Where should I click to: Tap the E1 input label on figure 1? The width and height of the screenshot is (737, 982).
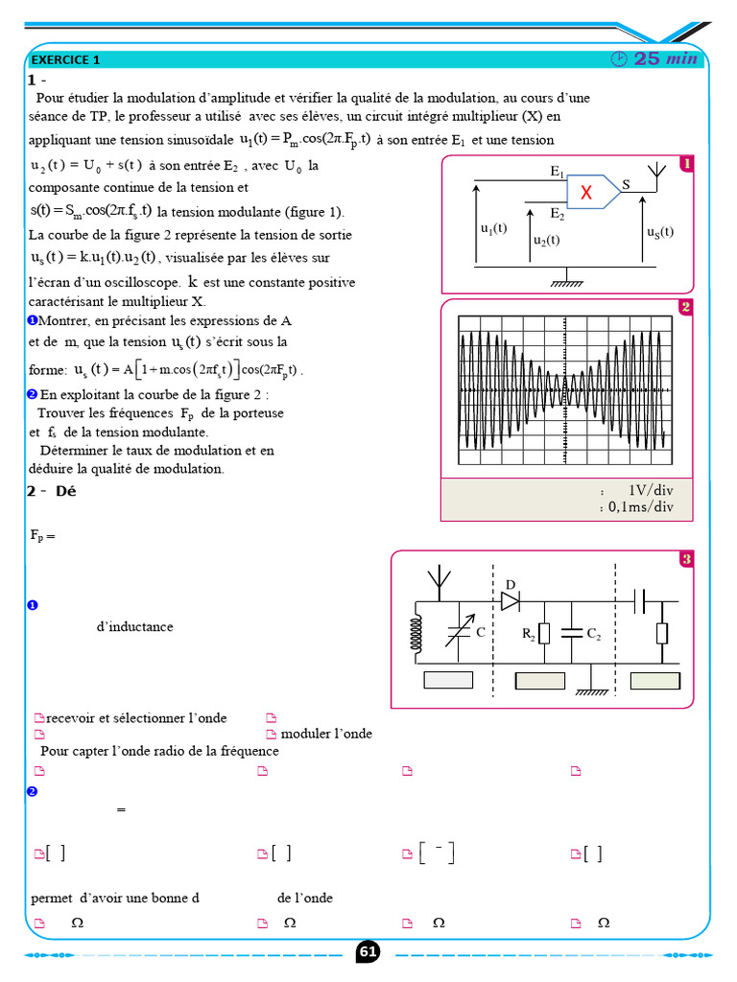click(x=557, y=172)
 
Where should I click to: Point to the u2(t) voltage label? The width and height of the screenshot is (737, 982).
click(x=546, y=241)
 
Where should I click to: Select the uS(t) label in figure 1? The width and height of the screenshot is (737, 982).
click(x=659, y=232)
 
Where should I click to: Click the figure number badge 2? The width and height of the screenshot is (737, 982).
click(x=685, y=307)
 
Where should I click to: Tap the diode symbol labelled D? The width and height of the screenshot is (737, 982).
click(x=510, y=601)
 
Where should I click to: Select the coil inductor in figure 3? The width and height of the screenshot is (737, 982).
click(x=417, y=632)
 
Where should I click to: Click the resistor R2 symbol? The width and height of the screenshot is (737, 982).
click(x=543, y=634)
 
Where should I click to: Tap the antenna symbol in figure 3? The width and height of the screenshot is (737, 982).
click(x=439, y=579)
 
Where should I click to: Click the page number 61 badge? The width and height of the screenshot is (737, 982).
click(x=368, y=951)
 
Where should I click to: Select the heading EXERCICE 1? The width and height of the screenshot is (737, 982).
click(x=66, y=59)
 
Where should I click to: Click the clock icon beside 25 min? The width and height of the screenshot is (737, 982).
click(x=619, y=59)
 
